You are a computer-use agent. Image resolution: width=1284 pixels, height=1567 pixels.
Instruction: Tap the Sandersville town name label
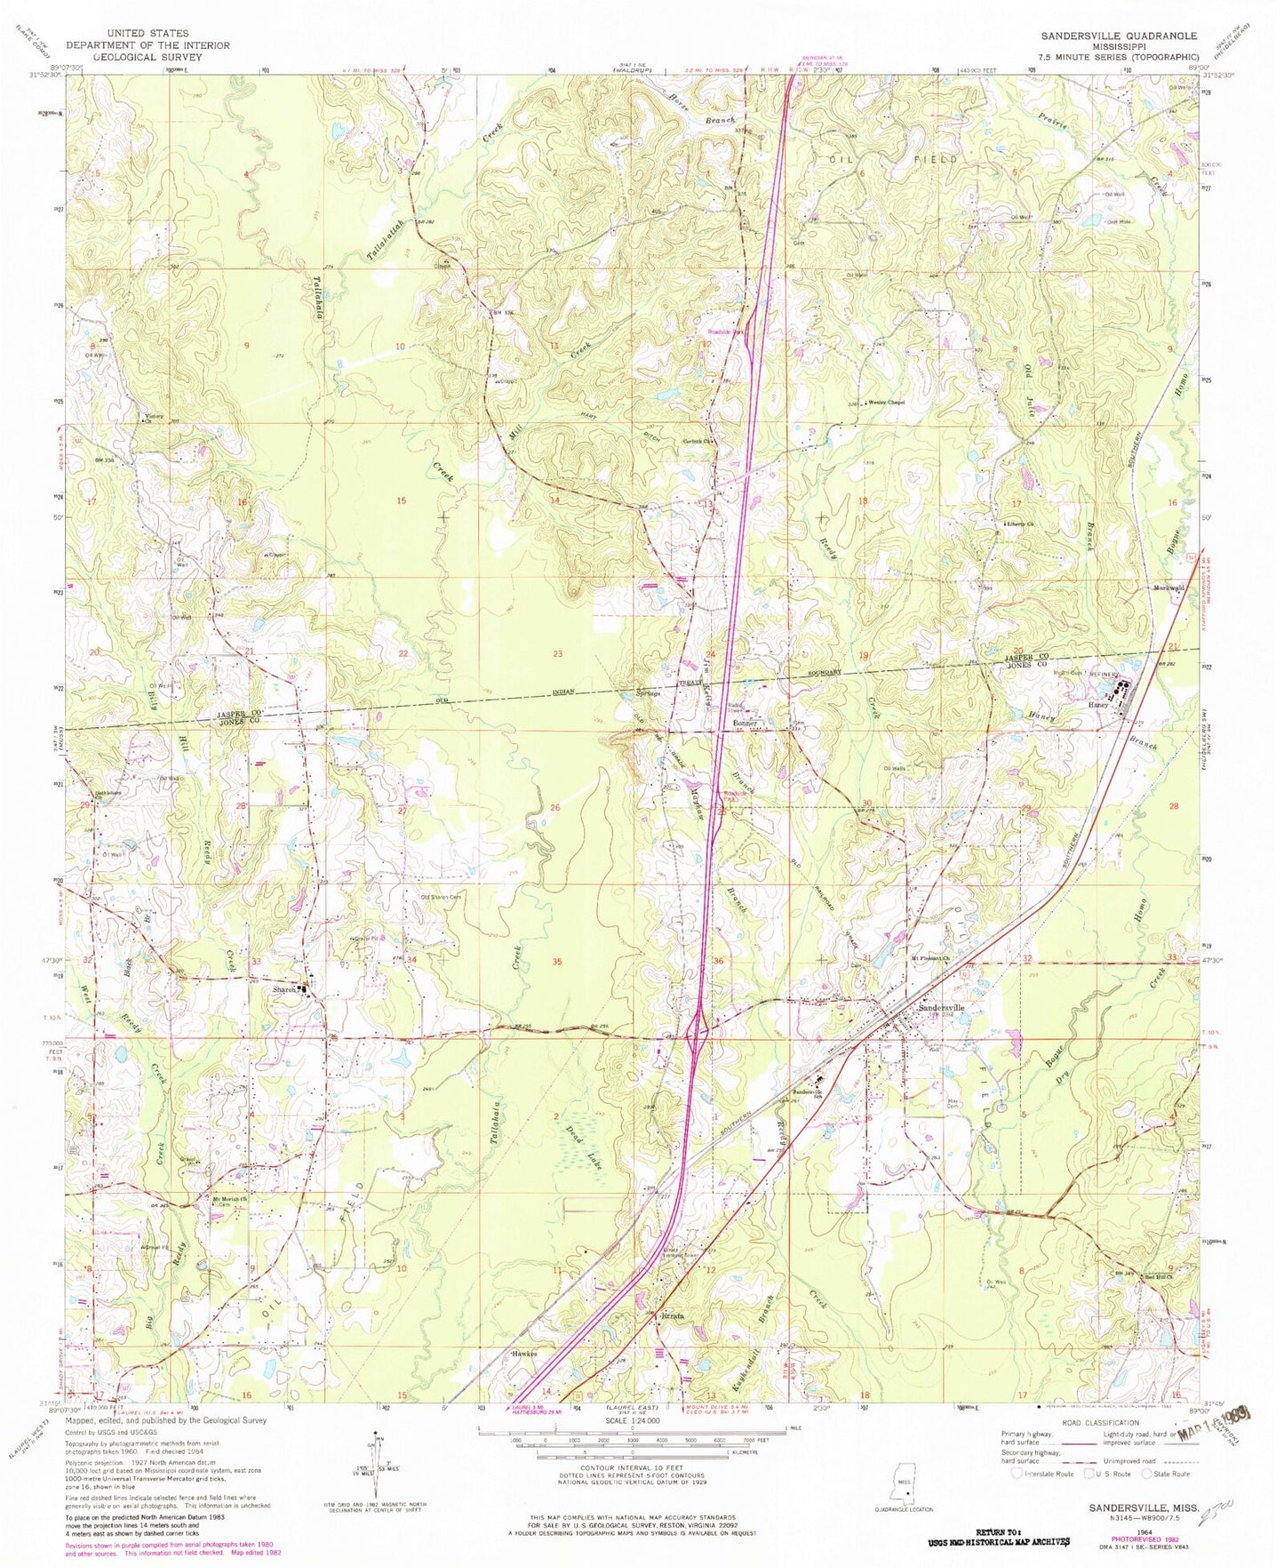940,1007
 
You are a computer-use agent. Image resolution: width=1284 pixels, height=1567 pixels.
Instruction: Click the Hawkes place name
524,1354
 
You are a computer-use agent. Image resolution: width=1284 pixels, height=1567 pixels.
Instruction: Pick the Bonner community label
744,724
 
